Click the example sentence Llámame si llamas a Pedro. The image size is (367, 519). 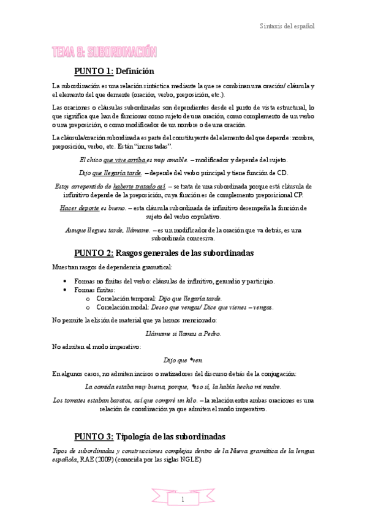pyautogui.click(x=184, y=334)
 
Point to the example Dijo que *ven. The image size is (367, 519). pyautogui.click(x=183, y=360)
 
